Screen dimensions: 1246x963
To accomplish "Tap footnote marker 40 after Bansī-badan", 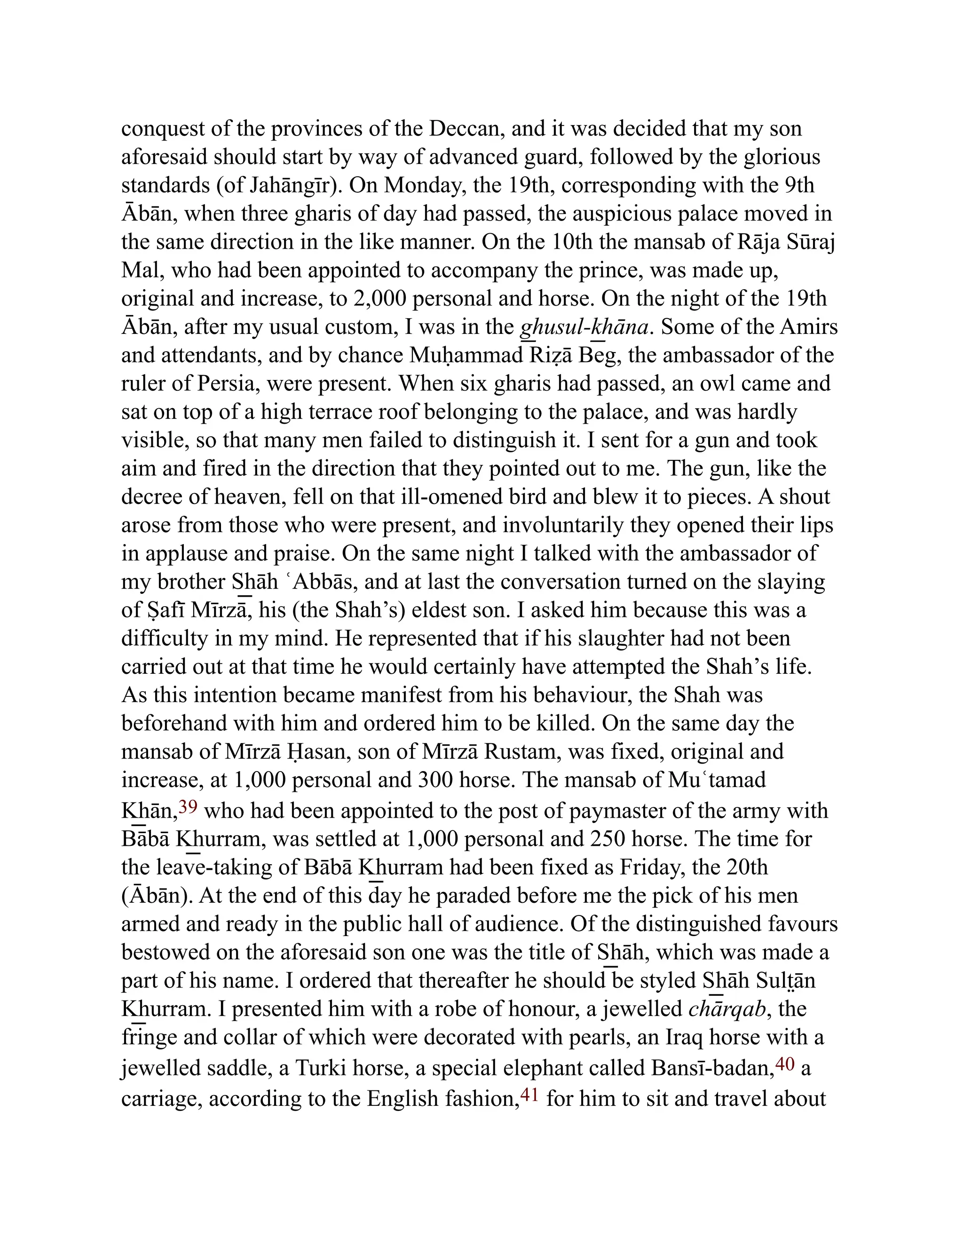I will click(785, 1064).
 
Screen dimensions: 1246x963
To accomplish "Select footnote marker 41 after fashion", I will click(529, 1095).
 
